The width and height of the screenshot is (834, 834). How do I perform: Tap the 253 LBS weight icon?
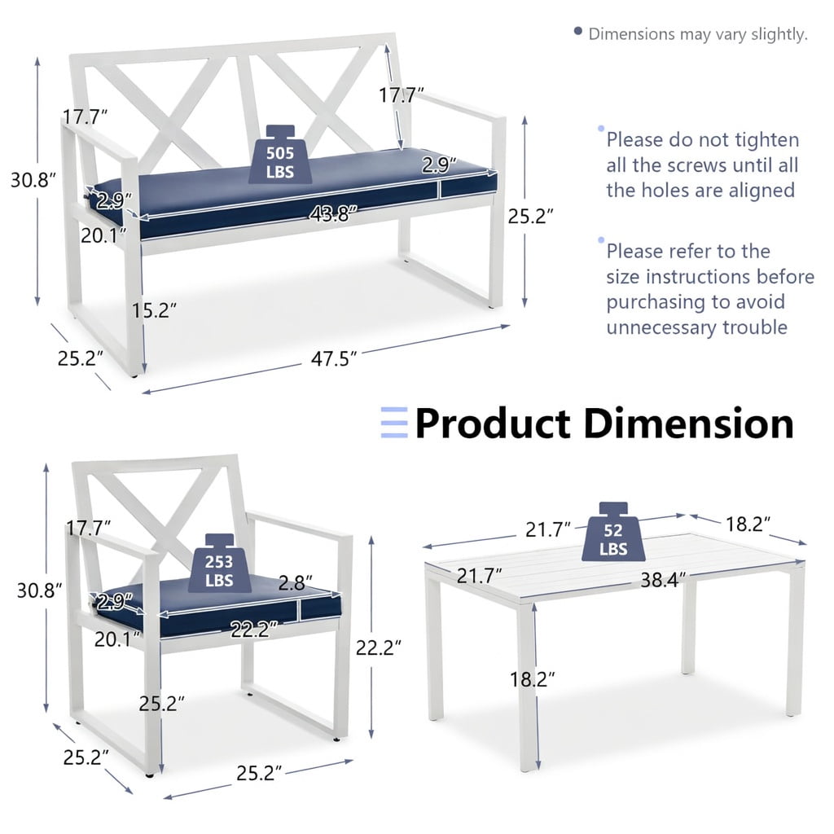click(219, 564)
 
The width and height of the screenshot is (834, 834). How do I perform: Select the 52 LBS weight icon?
click(613, 532)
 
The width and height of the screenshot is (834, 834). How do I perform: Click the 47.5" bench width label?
click(333, 359)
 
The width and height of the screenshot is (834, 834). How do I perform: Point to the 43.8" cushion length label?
click(333, 214)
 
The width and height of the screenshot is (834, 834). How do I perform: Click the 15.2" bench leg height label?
click(154, 310)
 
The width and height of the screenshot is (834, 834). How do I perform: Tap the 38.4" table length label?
click(663, 580)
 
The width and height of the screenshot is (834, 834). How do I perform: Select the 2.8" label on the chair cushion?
click(295, 583)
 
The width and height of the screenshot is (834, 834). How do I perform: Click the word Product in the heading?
click(493, 424)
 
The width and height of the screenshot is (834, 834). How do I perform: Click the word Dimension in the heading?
click(689, 424)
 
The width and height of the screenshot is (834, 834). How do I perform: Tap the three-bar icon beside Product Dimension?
click(394, 423)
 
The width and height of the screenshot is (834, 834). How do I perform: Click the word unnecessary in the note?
click(661, 327)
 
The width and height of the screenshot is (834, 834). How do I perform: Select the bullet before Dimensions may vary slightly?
click(578, 31)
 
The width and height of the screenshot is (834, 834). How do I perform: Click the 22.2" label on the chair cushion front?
click(254, 630)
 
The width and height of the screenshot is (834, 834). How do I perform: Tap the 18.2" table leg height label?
click(532, 679)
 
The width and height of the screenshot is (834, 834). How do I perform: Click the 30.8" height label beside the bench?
click(33, 180)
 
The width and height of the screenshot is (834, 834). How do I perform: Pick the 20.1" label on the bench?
click(103, 235)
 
